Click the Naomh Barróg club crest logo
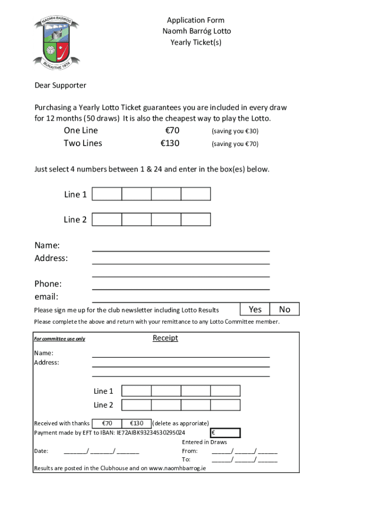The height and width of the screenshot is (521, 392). pyautogui.click(x=56, y=41)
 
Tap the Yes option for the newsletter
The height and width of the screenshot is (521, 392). pyautogui.click(x=255, y=309)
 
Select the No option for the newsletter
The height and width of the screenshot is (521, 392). pyautogui.click(x=285, y=309)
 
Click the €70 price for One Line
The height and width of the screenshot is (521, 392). pyautogui.click(x=170, y=131)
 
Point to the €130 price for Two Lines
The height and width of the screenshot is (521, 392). pyautogui.click(x=170, y=143)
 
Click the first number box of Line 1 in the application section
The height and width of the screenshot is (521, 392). pyautogui.click(x=107, y=194)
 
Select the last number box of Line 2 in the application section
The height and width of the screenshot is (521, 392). pyautogui.click(x=195, y=219)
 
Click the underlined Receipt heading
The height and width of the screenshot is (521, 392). pyautogui.click(x=165, y=338)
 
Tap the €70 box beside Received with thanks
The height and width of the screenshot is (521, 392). pyautogui.click(x=107, y=423)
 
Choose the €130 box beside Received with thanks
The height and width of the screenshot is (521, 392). pyautogui.click(x=136, y=423)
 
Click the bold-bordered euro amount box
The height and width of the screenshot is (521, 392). pyautogui.click(x=225, y=433)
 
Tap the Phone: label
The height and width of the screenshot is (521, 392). pyautogui.click(x=48, y=284)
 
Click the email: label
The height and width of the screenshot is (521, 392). pyautogui.click(x=46, y=297)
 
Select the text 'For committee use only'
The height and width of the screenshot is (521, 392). pyautogui.click(x=60, y=339)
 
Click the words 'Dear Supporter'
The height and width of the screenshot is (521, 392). pyautogui.click(x=60, y=85)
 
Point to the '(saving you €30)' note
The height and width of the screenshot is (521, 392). pyautogui.click(x=235, y=131)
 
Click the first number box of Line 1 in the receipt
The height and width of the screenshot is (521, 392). pyautogui.click(x=136, y=391)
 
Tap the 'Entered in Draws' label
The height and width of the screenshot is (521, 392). pyautogui.click(x=204, y=442)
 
